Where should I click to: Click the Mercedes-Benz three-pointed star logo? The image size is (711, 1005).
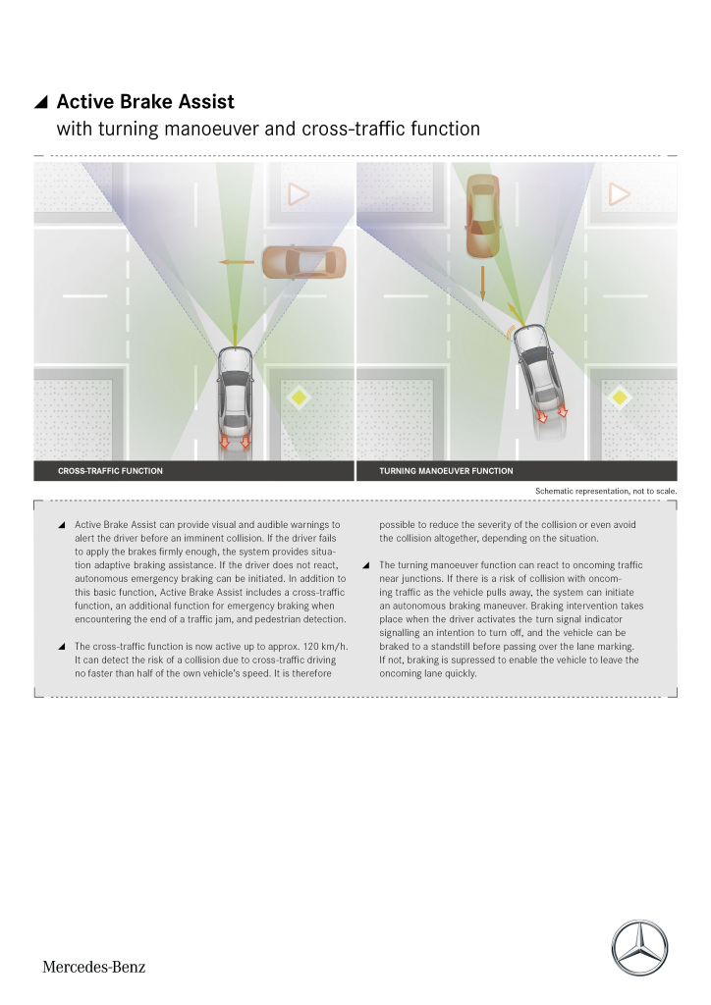pos(639,948)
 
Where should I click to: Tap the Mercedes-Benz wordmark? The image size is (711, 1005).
pos(93,967)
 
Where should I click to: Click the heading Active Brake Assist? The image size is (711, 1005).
pos(145,103)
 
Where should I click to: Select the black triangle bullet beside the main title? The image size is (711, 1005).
pos(41,103)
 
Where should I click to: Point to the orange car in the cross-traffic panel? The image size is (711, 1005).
pos(304,262)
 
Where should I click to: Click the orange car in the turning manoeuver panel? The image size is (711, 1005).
pos(482,218)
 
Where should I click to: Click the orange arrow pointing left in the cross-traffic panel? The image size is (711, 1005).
pos(236,262)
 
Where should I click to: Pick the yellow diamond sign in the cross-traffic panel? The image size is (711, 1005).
pos(299,397)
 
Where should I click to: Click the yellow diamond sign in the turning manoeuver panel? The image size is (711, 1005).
pos(619,397)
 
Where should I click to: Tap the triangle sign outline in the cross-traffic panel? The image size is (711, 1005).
pos(299,194)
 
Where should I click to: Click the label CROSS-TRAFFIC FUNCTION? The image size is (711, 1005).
pos(110,471)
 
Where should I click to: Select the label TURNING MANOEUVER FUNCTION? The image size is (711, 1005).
pos(446,471)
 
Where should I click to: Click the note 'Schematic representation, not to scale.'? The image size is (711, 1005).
pos(606,490)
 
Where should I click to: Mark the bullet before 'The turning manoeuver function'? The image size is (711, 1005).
pos(366,565)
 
